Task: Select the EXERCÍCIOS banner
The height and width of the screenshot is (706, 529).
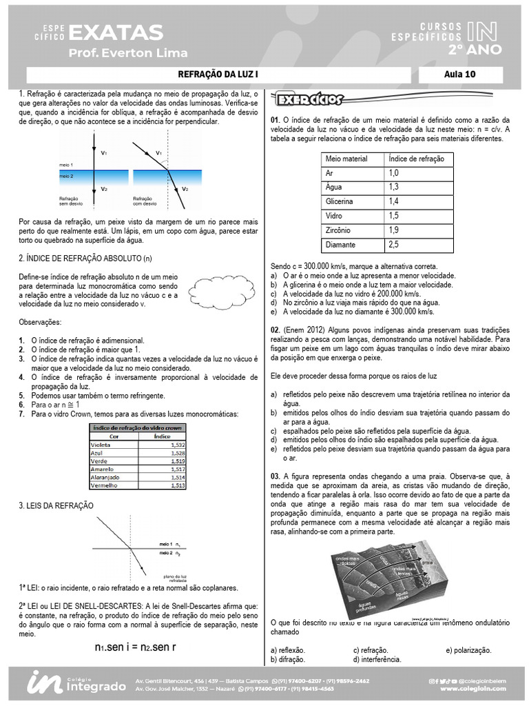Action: tap(309, 101)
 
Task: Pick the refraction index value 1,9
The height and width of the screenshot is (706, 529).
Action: tap(393, 230)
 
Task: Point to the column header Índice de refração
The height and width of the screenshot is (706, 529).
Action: tap(416, 159)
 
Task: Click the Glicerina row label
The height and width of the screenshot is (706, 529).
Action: tap(339, 201)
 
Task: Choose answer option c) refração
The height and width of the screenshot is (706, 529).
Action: tap(371, 650)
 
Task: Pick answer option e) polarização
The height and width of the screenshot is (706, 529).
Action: tap(468, 650)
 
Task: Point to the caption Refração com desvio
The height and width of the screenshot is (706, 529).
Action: tap(145, 201)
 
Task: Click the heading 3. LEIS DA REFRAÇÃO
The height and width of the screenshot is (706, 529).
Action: tap(56, 506)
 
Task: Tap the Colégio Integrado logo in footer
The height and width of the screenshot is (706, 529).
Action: tap(76, 683)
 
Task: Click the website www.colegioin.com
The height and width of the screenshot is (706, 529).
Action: tap(473, 688)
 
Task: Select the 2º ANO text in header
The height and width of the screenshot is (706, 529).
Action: tap(475, 50)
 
